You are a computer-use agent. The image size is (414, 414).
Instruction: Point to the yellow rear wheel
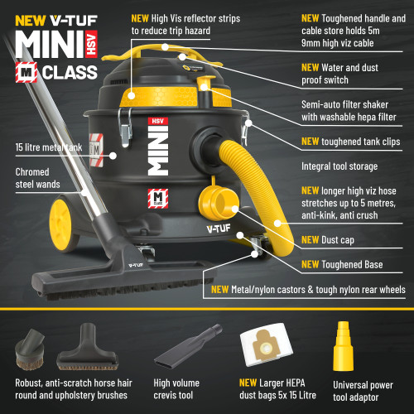pyautogui.click(x=60, y=226)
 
